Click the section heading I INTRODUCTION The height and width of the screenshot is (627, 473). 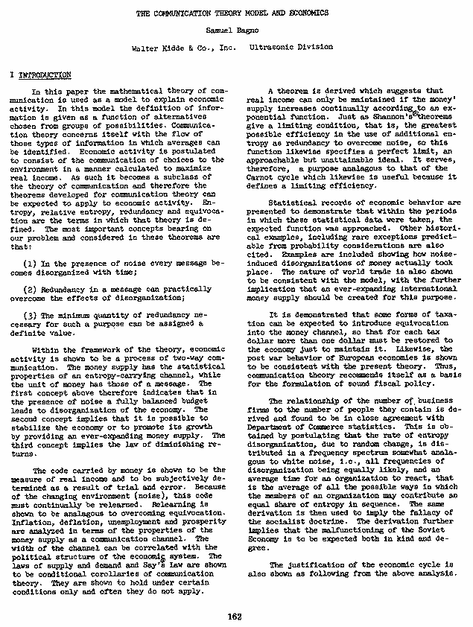[41, 76]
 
